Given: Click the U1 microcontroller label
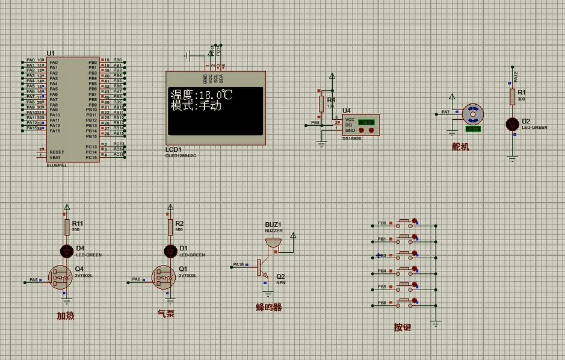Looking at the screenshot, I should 51,54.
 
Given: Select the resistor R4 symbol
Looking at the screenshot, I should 322,103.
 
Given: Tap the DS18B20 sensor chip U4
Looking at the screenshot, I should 360,125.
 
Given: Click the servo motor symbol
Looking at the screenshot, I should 472,114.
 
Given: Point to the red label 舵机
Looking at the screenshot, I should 460,146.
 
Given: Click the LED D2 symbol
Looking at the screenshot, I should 512,124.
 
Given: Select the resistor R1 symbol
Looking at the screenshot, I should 512,96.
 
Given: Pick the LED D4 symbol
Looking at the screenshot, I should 66,250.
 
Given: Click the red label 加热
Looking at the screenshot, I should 66,315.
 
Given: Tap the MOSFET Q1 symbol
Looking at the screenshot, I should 163,278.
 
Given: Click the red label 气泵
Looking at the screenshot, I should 166,314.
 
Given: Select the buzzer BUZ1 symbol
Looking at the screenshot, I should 273,242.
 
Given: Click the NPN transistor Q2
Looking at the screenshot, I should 262,267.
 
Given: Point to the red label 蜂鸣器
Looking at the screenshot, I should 269,308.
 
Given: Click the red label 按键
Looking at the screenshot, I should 403,327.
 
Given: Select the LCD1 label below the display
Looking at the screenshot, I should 173,149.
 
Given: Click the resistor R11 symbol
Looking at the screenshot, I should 66,226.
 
